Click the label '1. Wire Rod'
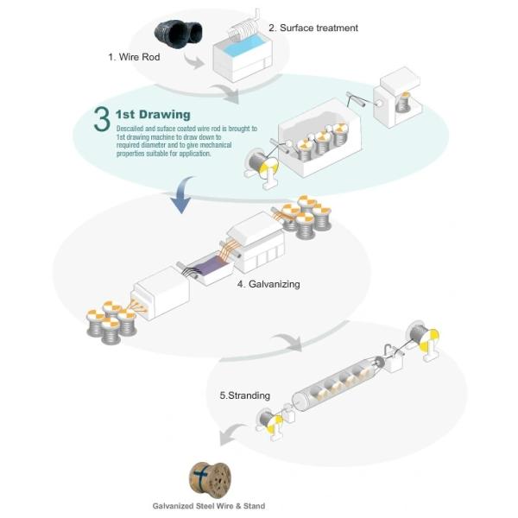[136, 57]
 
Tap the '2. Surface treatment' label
[313, 28]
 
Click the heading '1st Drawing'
[153, 114]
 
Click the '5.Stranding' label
[244, 395]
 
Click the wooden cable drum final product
[211, 477]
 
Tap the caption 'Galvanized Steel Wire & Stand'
[211, 506]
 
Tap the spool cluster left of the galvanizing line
[111, 320]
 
